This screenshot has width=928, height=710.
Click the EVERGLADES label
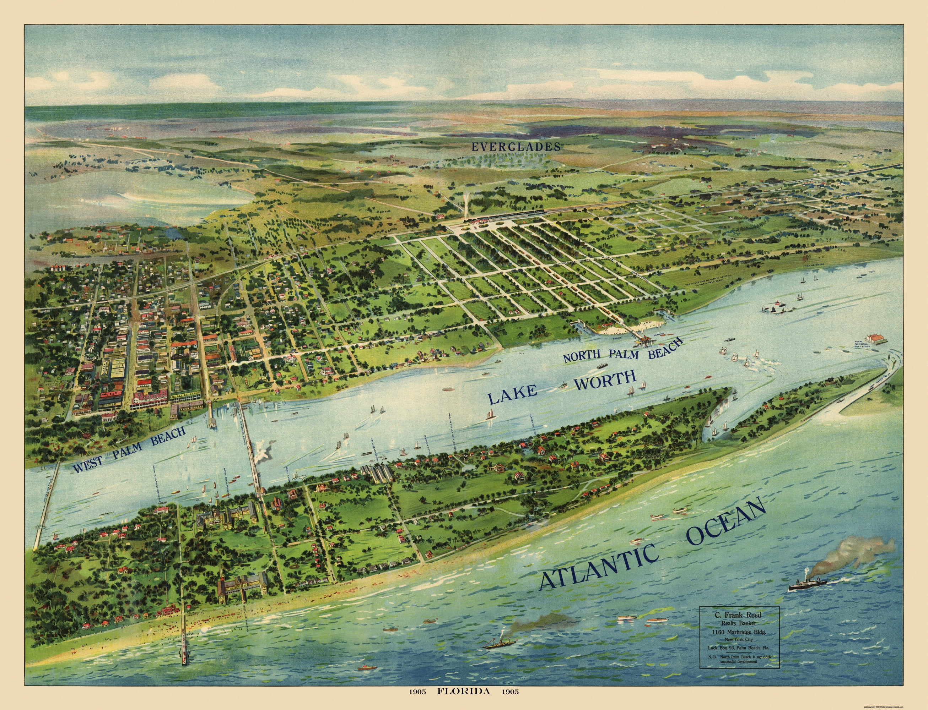click(516, 147)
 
